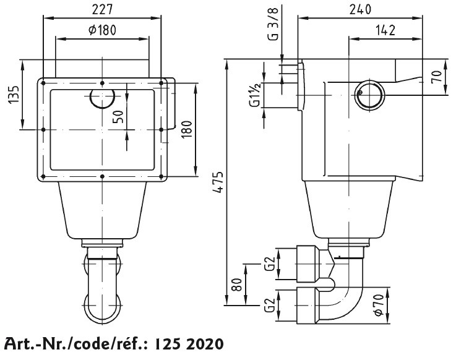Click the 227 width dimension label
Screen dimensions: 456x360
coord(102,10)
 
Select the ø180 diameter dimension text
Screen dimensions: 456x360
coord(102,30)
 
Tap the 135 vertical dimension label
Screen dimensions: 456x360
coord(14,94)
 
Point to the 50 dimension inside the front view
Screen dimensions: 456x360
coord(118,117)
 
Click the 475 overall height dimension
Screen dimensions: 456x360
coord(218,182)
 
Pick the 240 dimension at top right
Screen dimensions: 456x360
coord(360,10)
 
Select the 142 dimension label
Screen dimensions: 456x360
coord(385,30)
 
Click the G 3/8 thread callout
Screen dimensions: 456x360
coord(273,24)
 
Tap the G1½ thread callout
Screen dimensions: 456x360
coord(255,95)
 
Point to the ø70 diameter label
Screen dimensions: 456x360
coord(378,305)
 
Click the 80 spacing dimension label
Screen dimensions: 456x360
coord(237,285)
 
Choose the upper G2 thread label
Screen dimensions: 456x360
coord(270,264)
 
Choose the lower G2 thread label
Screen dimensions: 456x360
coord(270,306)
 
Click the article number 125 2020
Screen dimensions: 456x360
coord(189,344)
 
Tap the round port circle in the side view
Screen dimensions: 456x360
coord(369,95)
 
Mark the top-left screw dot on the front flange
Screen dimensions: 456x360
coord(43,83)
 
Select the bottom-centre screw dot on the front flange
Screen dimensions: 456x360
coord(102,176)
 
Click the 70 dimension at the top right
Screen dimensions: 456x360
coord(437,77)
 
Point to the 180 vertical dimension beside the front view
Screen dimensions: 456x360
coord(188,129)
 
